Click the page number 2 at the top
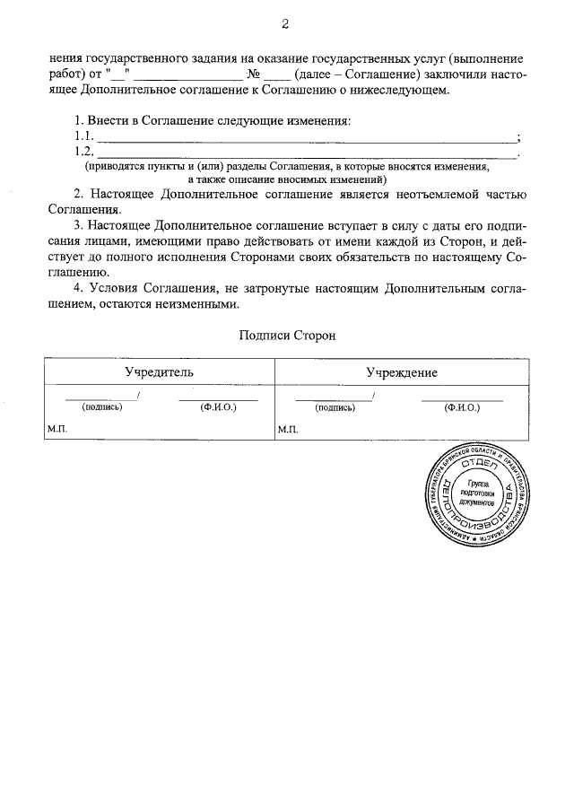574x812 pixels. [285, 23]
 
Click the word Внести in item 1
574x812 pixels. [109, 120]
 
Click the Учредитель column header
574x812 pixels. [159, 371]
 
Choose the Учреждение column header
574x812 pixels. [402, 371]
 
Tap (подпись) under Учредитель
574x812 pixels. [101, 406]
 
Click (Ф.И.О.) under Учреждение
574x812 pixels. [462, 406]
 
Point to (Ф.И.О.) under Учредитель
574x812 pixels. [218, 406]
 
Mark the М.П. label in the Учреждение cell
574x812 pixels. [288, 430]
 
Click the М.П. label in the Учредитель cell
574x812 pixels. [57, 430]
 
